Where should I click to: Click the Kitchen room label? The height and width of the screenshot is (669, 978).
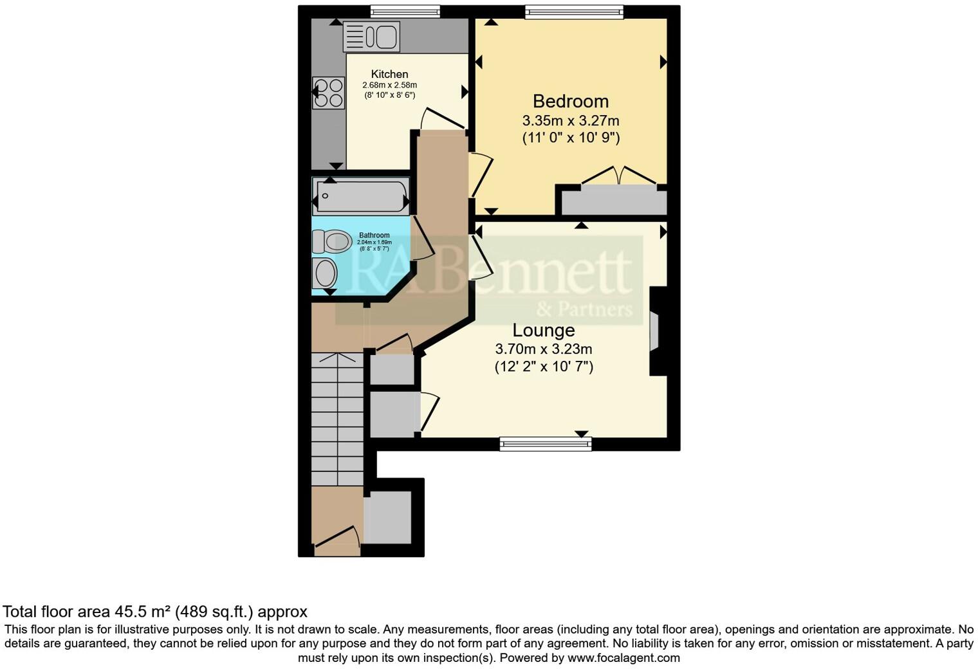(389, 74)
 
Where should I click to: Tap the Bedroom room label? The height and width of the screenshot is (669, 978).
(570, 101)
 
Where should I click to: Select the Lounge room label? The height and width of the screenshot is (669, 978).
(543, 330)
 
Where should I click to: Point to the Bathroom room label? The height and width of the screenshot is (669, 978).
(374, 235)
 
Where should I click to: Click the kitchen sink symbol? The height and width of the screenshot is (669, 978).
(371, 36)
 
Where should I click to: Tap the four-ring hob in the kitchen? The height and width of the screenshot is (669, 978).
(328, 93)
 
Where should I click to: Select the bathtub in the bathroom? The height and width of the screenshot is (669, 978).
(361, 196)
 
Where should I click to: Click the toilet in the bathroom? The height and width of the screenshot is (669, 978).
(331, 242)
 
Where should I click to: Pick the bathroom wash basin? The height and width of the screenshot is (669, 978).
(325, 273)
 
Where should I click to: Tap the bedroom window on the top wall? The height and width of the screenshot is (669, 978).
(574, 12)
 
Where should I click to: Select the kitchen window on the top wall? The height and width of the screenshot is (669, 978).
(405, 12)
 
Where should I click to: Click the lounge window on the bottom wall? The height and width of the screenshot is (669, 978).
(545, 443)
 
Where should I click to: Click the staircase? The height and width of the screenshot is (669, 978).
(337, 418)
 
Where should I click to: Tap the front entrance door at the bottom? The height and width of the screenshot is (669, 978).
(336, 540)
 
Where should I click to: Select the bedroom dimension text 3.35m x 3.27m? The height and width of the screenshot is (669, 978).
(570, 120)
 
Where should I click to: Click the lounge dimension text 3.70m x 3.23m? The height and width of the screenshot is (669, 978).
(543, 349)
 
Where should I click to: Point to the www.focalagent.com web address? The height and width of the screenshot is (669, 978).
(623, 657)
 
